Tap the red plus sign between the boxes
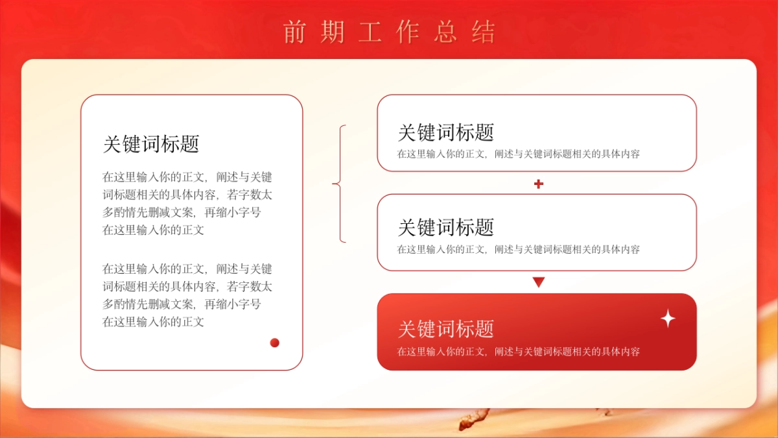click(538, 184)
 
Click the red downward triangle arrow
click(538, 282)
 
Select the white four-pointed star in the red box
click(668, 319)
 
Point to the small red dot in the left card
click(275, 343)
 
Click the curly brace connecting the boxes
click(338, 184)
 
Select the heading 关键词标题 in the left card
click(151, 144)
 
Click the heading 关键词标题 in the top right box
click(446, 132)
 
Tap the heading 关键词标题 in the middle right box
click(446, 227)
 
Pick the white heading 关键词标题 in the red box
click(446, 328)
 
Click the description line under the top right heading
click(519, 154)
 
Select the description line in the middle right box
click(519, 249)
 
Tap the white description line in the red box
click(519, 352)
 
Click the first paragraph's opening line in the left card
click(187, 177)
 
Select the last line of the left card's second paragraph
click(154, 321)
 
